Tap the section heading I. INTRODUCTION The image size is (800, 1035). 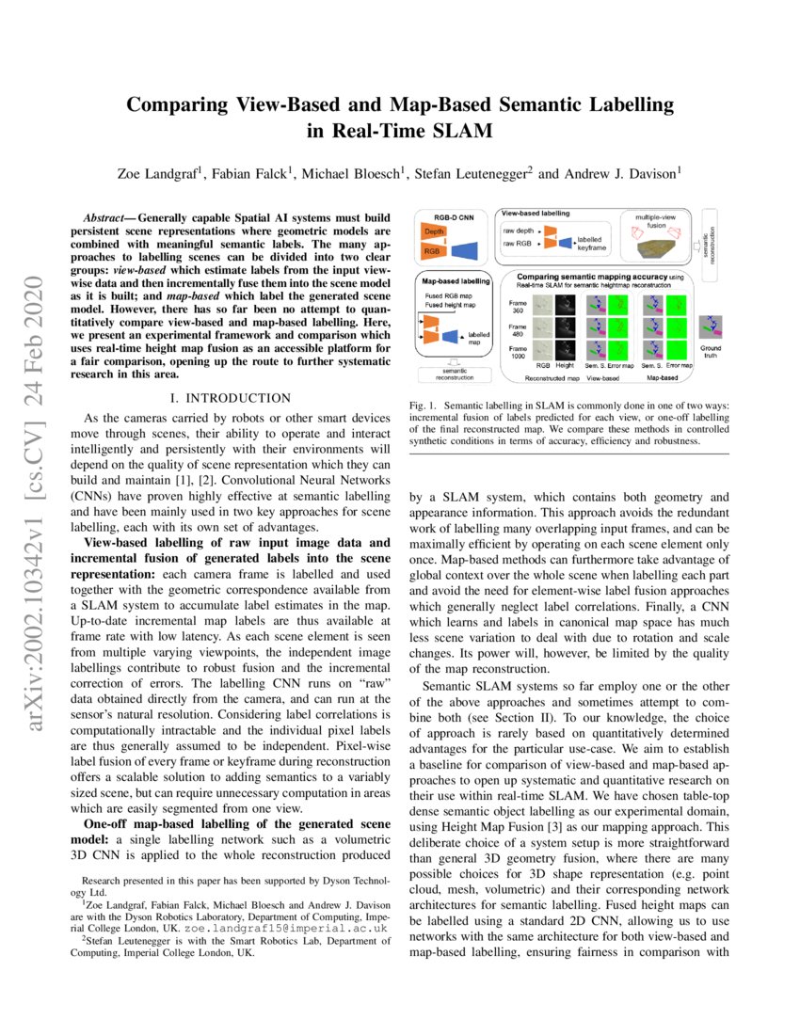[x=230, y=398]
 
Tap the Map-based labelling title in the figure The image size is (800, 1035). [x=455, y=281]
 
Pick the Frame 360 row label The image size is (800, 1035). [x=518, y=307]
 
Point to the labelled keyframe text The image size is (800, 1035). [x=592, y=244]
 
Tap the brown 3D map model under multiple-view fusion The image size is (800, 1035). [x=659, y=247]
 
